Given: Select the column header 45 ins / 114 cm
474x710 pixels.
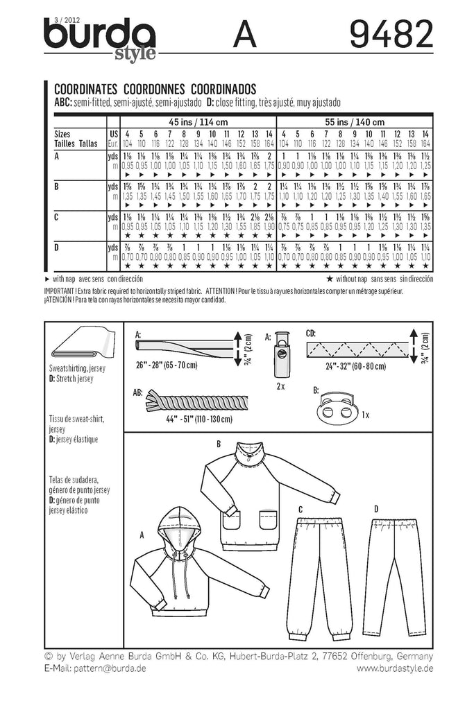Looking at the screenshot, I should pos(197,122).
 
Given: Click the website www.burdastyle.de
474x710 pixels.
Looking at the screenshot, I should pos(395,668).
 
